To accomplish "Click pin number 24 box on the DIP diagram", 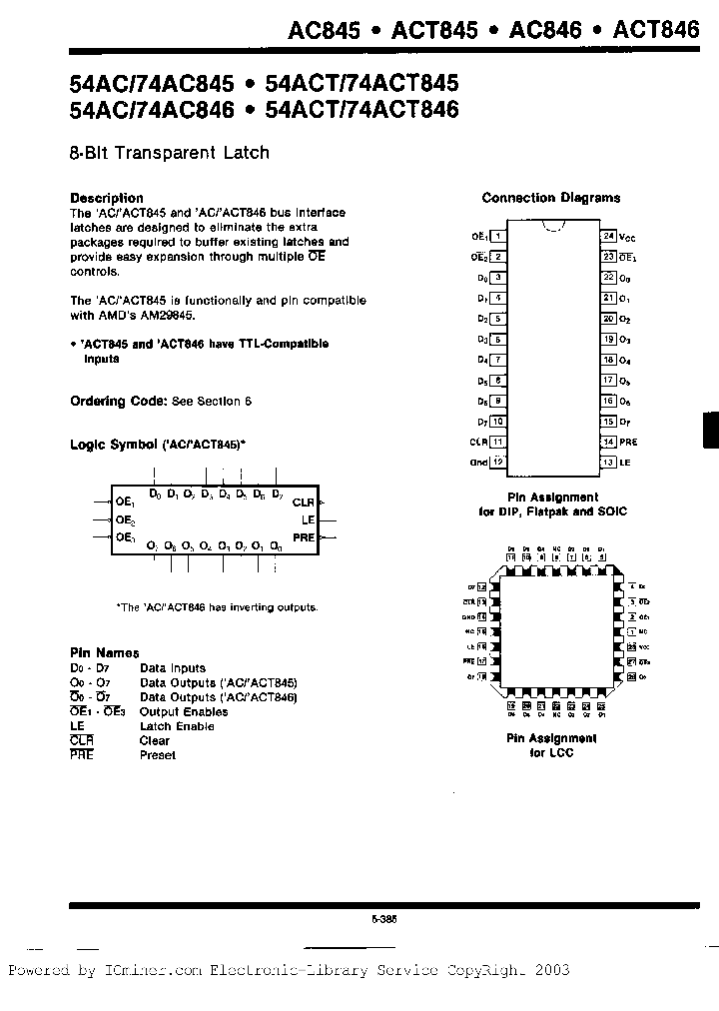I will (607, 237).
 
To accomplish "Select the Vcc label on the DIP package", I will (627, 238).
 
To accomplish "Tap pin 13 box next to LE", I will (607, 462).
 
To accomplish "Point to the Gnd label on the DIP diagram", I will (478, 463).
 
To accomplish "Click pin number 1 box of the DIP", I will (497, 237).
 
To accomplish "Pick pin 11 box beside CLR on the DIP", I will (497, 442).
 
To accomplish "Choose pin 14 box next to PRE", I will (607, 442).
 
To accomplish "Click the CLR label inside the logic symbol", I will (303, 504).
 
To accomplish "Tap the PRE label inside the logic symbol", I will (303, 537).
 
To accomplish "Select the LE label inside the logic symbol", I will (308, 520).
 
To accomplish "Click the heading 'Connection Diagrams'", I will (551, 198).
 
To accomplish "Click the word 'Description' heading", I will (107, 198).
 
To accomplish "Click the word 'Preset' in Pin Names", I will (158, 755).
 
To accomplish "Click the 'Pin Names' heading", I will (105, 652).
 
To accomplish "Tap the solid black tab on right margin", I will (710, 431).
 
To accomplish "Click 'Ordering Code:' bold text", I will (118, 401).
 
